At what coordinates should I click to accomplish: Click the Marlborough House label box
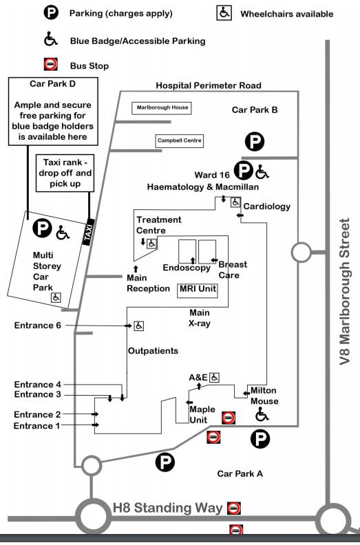(x=162, y=108)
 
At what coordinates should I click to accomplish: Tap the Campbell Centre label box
(x=179, y=141)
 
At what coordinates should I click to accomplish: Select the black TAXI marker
(x=88, y=232)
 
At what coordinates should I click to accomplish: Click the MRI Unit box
(x=198, y=290)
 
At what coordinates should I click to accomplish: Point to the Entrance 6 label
(x=38, y=325)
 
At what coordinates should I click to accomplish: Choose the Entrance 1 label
(x=37, y=426)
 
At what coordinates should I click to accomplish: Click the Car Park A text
(x=240, y=473)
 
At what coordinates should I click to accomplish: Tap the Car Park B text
(x=255, y=110)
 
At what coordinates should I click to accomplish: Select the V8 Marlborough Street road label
(x=344, y=292)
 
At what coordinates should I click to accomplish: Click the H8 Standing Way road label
(x=168, y=508)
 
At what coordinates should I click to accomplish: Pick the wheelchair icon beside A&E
(x=215, y=377)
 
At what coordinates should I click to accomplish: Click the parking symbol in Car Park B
(x=255, y=142)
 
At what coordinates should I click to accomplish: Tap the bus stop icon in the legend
(x=50, y=65)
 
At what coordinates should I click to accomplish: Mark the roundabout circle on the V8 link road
(x=301, y=252)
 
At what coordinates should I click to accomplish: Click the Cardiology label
(x=267, y=206)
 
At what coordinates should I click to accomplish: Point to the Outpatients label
(x=153, y=351)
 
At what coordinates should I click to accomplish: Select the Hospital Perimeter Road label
(x=209, y=85)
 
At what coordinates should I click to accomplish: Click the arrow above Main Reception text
(x=136, y=268)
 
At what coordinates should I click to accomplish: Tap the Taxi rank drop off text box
(x=65, y=173)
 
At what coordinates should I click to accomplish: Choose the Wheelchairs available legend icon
(x=224, y=13)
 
